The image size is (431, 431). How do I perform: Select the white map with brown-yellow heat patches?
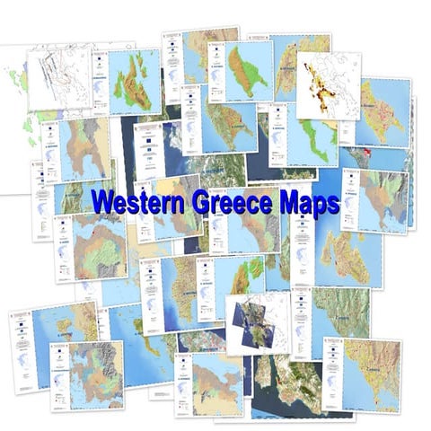pos(327,85)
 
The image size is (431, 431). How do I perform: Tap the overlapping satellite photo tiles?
pos(252,318)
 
